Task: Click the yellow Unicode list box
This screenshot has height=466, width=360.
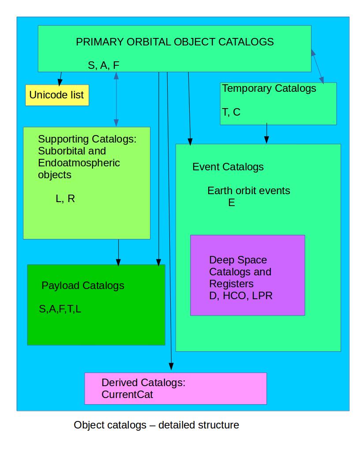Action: click(x=57, y=95)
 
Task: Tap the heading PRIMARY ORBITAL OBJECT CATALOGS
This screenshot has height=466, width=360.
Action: click(x=175, y=42)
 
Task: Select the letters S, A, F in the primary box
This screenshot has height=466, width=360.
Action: click(x=104, y=65)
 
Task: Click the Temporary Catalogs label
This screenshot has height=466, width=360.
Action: click(x=269, y=88)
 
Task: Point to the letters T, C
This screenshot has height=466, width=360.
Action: click(x=231, y=112)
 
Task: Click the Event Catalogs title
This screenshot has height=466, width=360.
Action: click(x=228, y=167)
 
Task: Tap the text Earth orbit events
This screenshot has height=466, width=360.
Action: click(x=248, y=191)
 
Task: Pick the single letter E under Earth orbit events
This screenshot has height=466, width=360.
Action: click(x=231, y=203)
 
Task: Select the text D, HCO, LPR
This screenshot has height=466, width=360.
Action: click(x=240, y=296)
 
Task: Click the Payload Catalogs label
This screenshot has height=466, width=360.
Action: click(x=82, y=286)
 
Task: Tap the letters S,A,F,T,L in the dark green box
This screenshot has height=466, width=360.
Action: click(x=60, y=309)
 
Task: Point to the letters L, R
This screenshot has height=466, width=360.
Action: click(x=65, y=199)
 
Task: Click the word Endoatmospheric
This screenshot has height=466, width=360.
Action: click(x=79, y=163)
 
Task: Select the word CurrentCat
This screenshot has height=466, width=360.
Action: click(x=127, y=395)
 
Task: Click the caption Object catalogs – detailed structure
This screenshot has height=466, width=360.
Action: click(x=156, y=425)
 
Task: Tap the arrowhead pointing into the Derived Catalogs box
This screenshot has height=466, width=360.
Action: click(x=171, y=366)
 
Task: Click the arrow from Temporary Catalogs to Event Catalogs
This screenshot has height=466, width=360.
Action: click(x=266, y=134)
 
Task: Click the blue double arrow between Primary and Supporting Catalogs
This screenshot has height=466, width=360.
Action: click(x=116, y=99)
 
